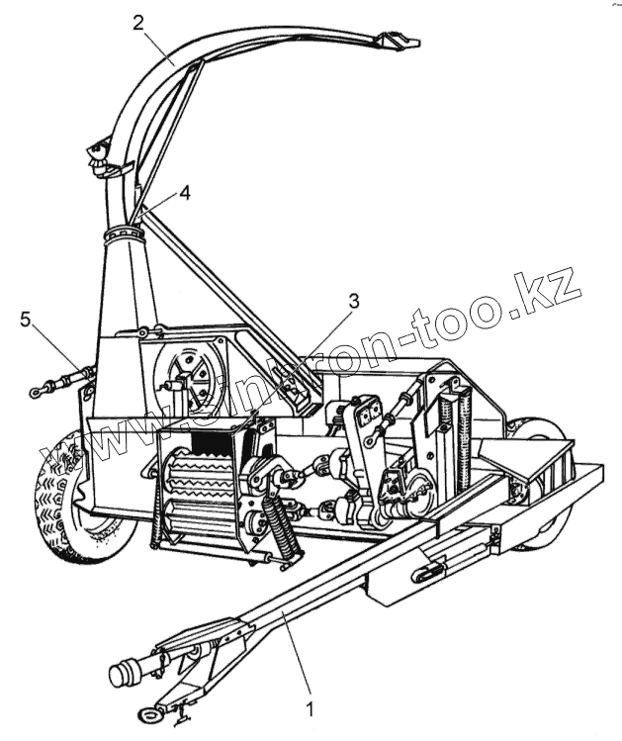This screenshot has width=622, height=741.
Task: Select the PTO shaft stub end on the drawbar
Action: coord(123,676)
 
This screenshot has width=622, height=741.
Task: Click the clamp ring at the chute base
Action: coord(125,235)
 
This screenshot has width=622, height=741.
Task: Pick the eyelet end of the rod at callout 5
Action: coord(37,393)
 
